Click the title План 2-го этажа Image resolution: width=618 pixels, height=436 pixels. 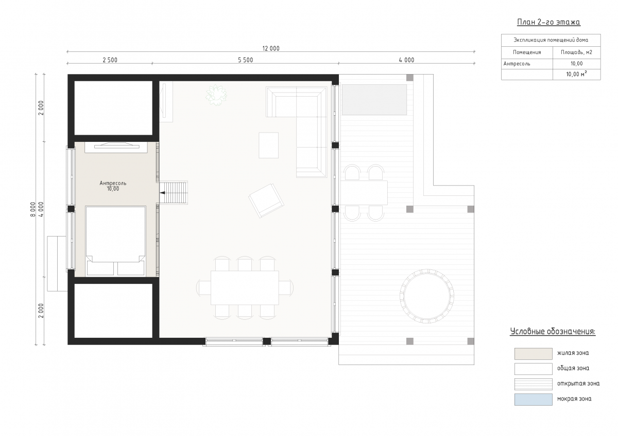548,22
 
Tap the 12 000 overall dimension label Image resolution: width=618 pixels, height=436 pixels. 271,48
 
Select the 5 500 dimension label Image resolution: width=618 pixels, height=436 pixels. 245,60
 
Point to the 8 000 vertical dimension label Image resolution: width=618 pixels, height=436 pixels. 33,209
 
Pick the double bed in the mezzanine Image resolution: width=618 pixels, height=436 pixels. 115,241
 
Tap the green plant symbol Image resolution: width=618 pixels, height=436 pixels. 216,95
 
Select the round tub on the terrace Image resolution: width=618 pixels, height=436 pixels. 426,296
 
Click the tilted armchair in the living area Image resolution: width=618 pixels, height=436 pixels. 266,201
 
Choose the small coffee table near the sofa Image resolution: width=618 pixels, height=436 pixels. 268,145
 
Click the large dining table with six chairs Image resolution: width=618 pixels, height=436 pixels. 245,288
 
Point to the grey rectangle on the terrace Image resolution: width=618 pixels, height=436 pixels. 374,100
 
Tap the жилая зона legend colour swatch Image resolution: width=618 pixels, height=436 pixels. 534,354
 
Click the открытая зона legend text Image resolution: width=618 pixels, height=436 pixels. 578,384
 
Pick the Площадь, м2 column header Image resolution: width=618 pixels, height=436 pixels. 576,52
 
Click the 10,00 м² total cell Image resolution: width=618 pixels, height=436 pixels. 576,74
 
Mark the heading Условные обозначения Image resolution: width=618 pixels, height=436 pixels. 553,332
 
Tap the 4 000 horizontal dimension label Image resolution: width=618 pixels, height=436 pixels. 406,60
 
